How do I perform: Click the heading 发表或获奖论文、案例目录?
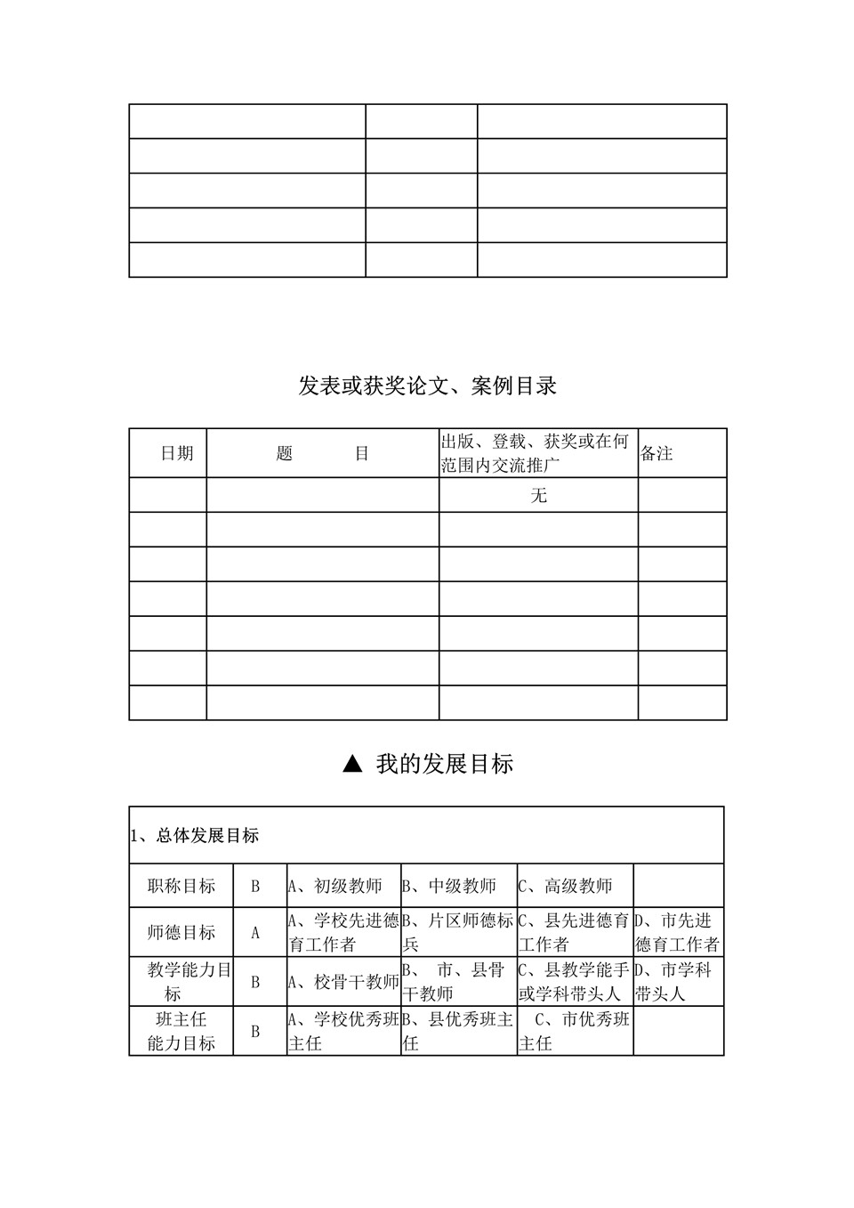(x=427, y=386)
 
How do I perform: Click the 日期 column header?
(x=176, y=453)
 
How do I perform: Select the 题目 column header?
(x=322, y=453)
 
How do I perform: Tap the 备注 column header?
(x=657, y=453)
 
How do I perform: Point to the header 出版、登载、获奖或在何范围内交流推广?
(x=536, y=453)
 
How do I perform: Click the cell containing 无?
(x=538, y=495)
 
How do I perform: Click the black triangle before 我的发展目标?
(x=353, y=764)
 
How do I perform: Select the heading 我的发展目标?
(x=444, y=764)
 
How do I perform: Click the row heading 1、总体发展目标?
(x=195, y=836)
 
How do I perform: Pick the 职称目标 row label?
(x=181, y=886)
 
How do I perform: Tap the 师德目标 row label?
(x=181, y=932)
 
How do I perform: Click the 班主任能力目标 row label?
(x=181, y=1031)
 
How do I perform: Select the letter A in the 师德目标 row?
(x=255, y=933)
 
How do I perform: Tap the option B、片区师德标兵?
(x=457, y=932)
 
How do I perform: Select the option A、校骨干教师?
(x=342, y=982)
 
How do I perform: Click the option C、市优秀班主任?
(x=574, y=1031)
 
